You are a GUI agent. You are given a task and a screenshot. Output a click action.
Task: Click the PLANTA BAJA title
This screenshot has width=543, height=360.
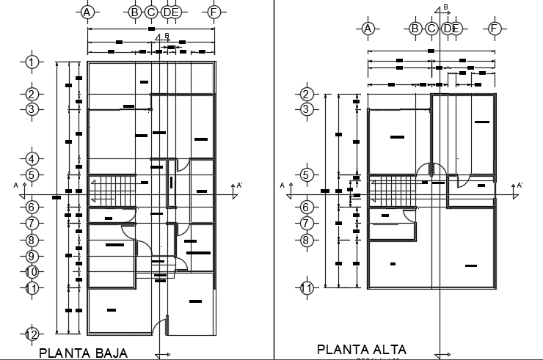tap(83, 353)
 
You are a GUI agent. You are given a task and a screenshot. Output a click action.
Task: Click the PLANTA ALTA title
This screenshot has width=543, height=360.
tap(361, 350)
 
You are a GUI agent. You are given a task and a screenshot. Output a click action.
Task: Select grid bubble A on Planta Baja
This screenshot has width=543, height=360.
tap(87, 12)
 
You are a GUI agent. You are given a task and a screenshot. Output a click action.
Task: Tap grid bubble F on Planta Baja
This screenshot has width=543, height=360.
tap(214, 12)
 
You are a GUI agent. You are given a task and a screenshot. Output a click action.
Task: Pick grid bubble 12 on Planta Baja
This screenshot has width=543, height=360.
tap(32, 334)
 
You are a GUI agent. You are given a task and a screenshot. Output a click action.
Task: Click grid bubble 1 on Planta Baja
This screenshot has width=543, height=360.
tap(32, 62)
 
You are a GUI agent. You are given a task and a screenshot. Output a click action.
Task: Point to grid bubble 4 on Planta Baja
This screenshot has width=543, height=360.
tap(32, 158)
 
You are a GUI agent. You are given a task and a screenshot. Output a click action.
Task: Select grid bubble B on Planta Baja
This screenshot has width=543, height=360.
tap(135, 12)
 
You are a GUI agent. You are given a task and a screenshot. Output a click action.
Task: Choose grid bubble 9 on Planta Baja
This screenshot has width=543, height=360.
tap(32, 256)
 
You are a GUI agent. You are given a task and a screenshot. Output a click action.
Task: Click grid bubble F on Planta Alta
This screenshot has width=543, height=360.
tap(494, 29)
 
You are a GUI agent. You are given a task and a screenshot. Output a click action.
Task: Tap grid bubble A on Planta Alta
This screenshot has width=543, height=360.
tap(368, 29)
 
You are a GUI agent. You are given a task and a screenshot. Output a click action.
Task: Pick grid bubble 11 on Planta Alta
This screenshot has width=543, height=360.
tap(307, 287)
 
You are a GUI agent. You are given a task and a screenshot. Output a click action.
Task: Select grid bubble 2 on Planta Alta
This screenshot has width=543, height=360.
tap(307, 94)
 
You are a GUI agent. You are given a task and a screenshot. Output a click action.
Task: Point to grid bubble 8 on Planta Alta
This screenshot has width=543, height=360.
tap(307, 239)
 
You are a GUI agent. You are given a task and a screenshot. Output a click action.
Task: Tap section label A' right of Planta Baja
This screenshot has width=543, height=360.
tap(239, 185)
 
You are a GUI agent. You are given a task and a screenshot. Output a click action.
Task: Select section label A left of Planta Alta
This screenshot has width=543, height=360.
tap(283, 185)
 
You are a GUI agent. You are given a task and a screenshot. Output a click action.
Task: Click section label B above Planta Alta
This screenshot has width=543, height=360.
tap(446, 7)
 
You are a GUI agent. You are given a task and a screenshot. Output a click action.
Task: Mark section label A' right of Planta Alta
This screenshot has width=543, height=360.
tap(520, 185)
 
